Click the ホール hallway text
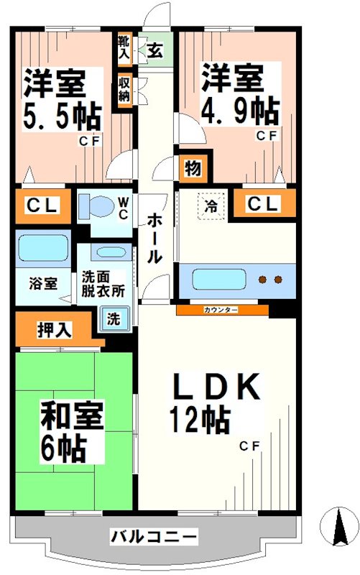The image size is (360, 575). (153, 237)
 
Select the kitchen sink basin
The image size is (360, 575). (213, 279)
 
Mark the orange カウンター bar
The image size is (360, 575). (222, 310)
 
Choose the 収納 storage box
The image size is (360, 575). (124, 88)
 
